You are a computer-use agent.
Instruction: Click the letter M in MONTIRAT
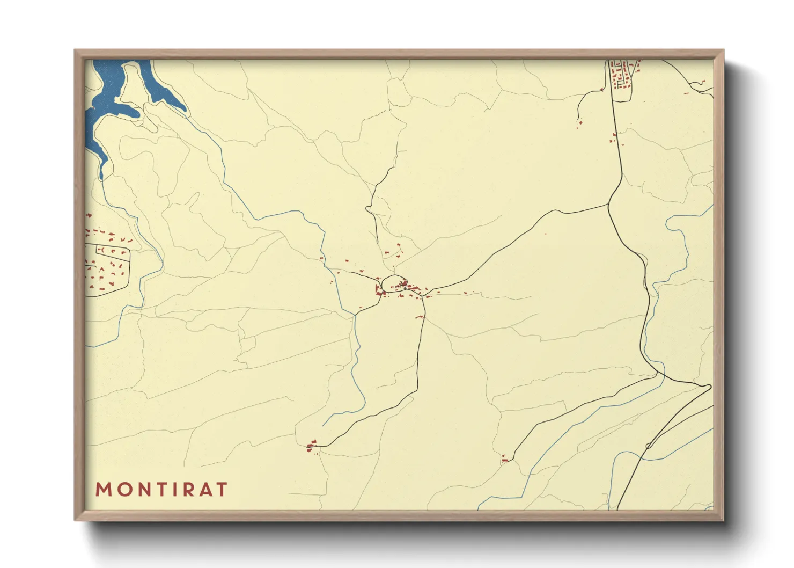[104, 490]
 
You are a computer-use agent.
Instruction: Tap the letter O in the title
[124, 490]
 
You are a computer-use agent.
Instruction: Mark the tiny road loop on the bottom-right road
[648, 446]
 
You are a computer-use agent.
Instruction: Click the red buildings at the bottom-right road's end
[504, 459]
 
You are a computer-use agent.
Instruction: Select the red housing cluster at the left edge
[107, 263]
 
